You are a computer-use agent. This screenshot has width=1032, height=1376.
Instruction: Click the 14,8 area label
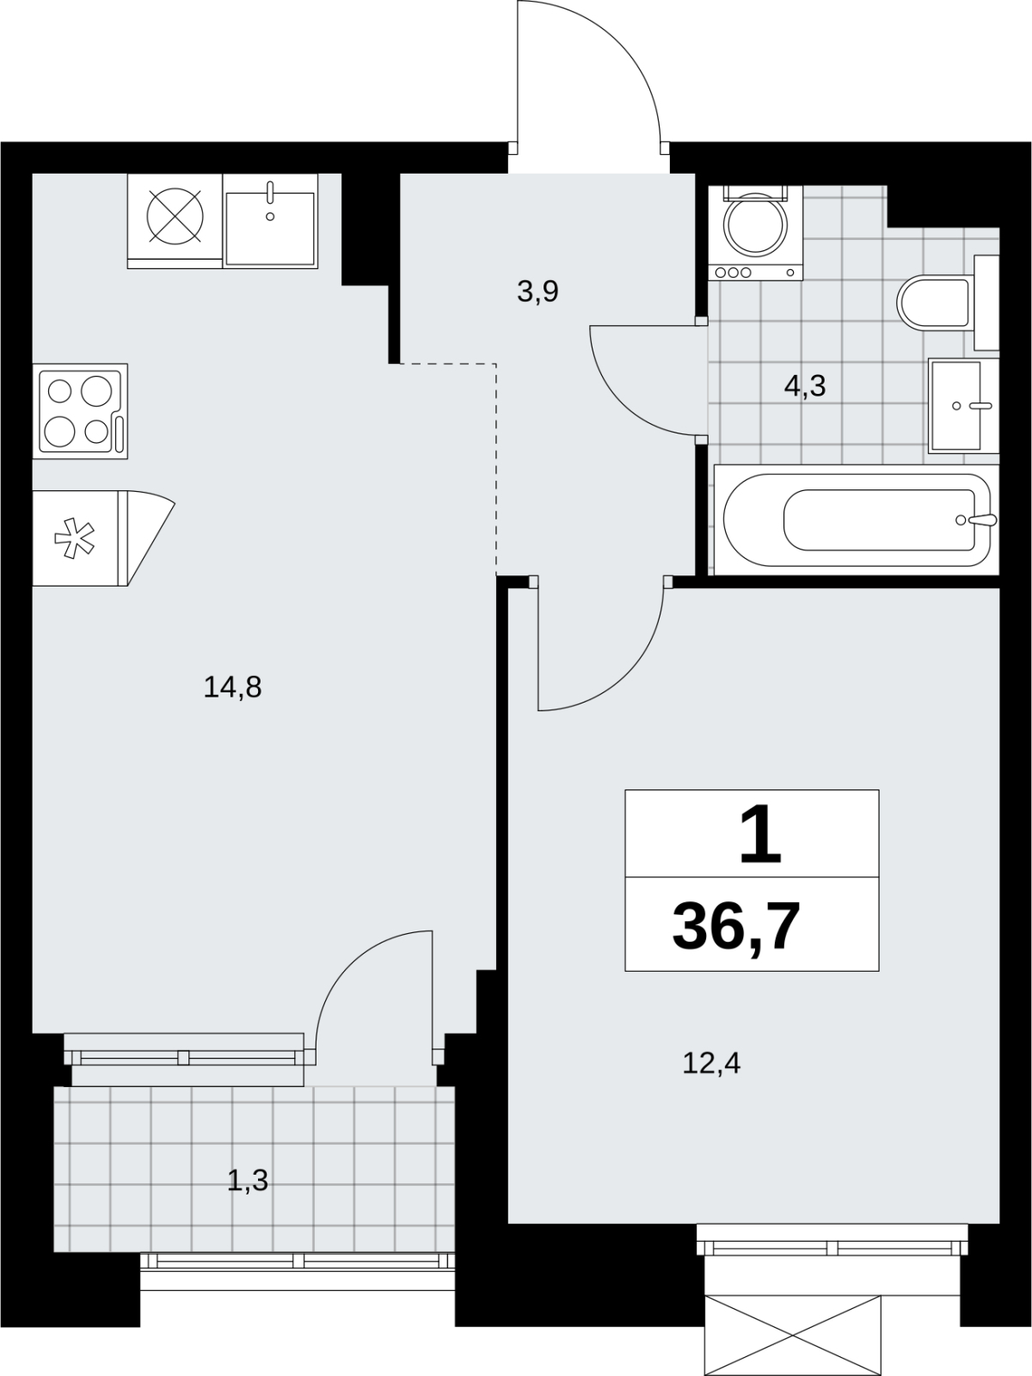pos(232,688)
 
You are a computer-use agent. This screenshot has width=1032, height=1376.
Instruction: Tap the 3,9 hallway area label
pos(537,292)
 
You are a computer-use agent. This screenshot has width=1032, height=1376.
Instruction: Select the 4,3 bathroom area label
pos(805,386)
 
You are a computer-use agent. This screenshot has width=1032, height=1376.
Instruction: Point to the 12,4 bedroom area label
pos(711,1063)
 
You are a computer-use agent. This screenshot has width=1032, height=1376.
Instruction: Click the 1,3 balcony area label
pos(248,1181)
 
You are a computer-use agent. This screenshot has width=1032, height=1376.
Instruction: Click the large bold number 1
pos(760,834)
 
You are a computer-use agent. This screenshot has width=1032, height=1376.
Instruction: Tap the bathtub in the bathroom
pos(857,519)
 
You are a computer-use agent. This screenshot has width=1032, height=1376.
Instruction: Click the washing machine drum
pos(755,225)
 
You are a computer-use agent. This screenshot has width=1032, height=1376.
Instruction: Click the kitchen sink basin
pos(270,229)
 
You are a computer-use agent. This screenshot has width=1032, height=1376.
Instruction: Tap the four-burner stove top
pos(80,411)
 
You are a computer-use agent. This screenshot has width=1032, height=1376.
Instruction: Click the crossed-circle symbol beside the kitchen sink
pos(175,216)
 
